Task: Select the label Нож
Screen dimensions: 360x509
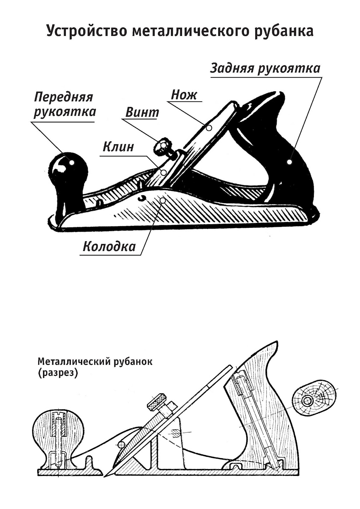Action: [184, 94]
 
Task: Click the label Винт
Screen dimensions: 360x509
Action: [142, 112]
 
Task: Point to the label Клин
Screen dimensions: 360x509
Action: [118, 147]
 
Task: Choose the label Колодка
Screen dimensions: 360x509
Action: [109, 247]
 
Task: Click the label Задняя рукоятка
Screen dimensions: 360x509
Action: [265, 68]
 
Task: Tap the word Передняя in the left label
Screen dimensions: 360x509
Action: [63, 97]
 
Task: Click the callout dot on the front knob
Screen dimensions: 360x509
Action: [72, 162]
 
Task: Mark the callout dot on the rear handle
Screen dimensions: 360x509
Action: [289, 162]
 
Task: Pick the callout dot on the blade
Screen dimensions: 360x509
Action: [209, 128]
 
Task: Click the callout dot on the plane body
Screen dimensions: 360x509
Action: [163, 200]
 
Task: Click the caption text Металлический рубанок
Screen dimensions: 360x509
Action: [95, 362]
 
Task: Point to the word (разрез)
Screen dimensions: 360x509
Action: [58, 373]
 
